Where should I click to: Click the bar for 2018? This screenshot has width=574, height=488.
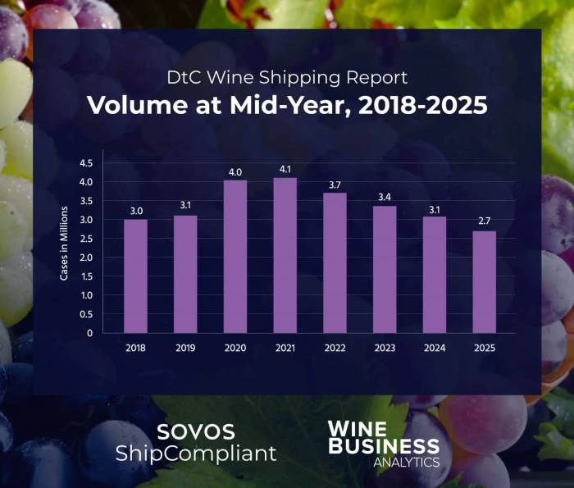(x=135, y=276)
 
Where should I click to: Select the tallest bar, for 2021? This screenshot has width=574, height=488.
(x=285, y=255)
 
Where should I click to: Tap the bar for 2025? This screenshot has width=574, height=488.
(x=485, y=282)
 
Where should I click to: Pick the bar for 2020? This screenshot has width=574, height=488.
(x=235, y=257)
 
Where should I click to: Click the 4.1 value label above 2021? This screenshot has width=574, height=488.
(x=285, y=169)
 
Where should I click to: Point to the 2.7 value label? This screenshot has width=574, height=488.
(x=485, y=222)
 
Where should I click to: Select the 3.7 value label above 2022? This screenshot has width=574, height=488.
(x=335, y=185)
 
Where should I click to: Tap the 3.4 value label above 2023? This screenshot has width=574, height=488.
(x=385, y=197)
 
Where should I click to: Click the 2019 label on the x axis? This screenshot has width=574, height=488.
(x=185, y=348)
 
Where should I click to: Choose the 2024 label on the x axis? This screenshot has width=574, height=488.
(x=435, y=348)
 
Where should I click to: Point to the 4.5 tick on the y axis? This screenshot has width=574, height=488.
(x=109, y=163)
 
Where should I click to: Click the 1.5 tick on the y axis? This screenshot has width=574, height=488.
(x=109, y=276)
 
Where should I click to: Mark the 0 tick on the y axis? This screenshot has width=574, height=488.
(x=112, y=333)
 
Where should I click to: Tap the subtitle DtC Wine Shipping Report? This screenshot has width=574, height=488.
(x=287, y=79)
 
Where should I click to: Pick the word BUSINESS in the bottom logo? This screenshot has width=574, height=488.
(x=383, y=447)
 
